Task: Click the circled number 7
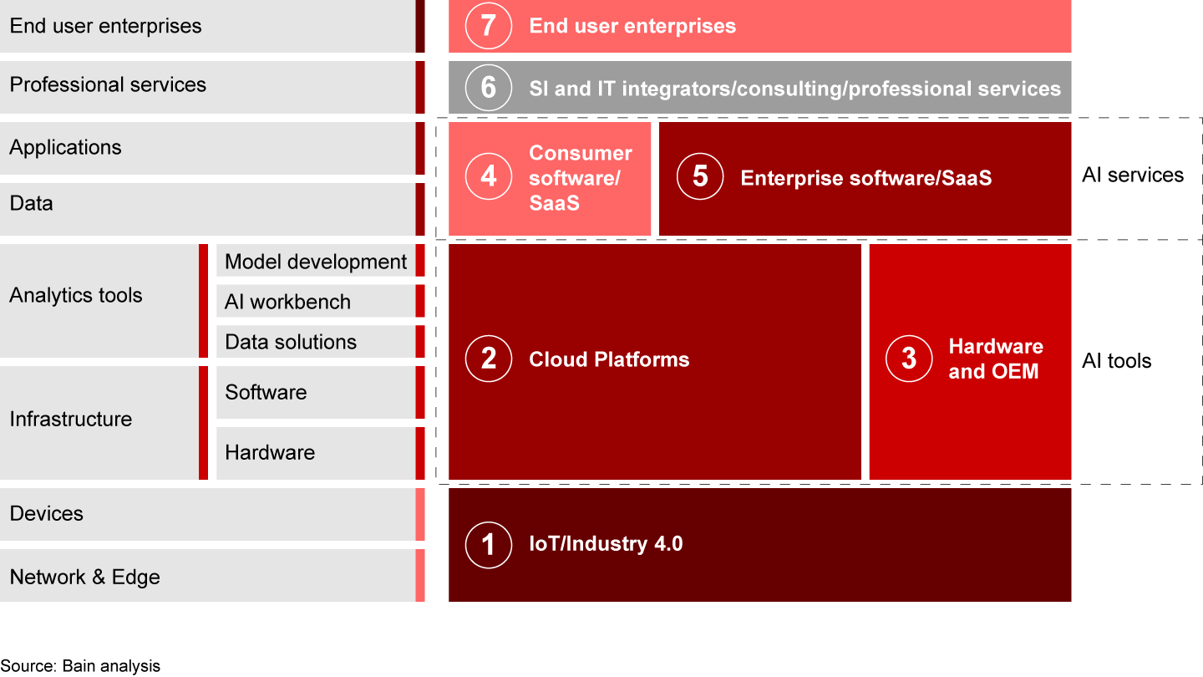(x=488, y=26)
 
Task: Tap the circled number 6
(x=488, y=88)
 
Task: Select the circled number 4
(x=488, y=177)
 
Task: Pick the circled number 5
(x=699, y=177)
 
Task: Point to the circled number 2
(x=488, y=359)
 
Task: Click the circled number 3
(x=908, y=359)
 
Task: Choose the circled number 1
(x=488, y=544)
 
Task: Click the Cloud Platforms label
(x=609, y=359)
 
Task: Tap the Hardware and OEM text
(x=995, y=359)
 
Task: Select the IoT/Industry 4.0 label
(x=606, y=544)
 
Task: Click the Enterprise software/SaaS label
(x=865, y=177)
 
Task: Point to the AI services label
(x=1132, y=175)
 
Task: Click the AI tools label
(x=1116, y=361)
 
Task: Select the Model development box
(x=316, y=262)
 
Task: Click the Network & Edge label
(x=84, y=577)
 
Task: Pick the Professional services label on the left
(x=108, y=84)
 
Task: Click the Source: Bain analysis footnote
(x=80, y=666)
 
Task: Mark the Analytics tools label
(x=76, y=295)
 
